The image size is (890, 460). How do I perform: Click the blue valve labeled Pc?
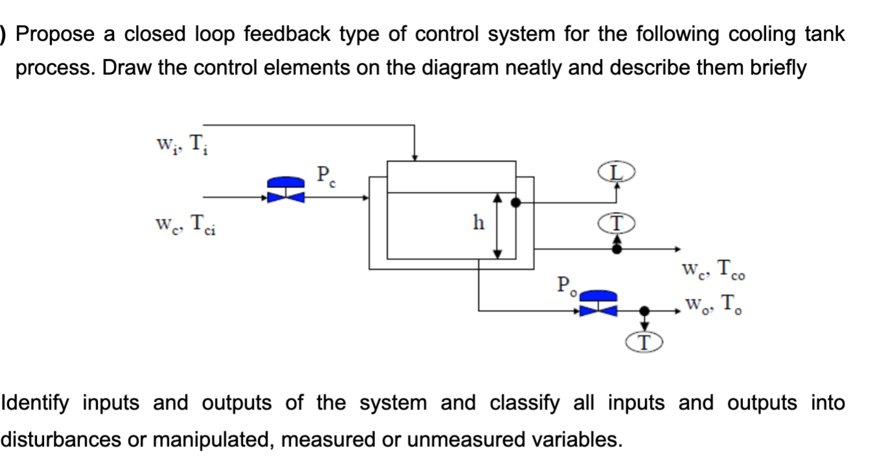pos(286,189)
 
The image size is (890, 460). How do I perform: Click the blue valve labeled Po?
pos(598,303)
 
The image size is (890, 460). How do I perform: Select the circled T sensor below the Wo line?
pos(645,342)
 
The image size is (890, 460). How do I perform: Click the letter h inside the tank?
pos(478,223)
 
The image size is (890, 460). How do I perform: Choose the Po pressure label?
pos(565,285)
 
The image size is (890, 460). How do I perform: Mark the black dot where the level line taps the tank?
pos(516,203)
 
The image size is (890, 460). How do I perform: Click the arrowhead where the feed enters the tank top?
pos(415,156)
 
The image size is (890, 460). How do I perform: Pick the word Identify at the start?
pos(38,403)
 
